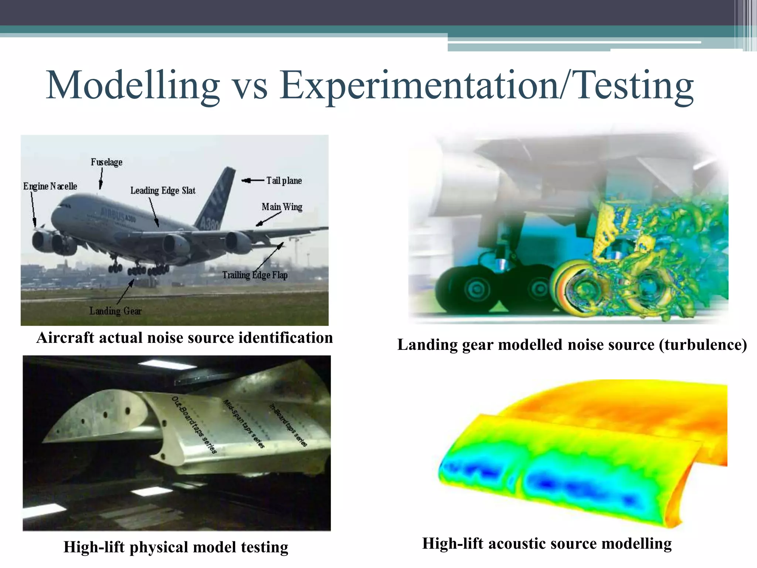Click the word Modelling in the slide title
133,86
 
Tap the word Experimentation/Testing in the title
486,86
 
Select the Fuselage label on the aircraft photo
106,162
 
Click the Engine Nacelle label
50,186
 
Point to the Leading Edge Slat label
163,191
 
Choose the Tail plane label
284,181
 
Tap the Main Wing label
282,207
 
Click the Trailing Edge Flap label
255,275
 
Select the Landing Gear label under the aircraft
115,311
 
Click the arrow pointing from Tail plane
252,180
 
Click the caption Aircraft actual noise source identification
184,338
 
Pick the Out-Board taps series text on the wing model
194,425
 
